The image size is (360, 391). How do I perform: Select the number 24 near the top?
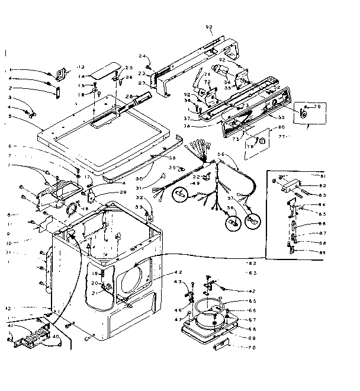[143, 56]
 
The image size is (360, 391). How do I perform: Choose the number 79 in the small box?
[317, 107]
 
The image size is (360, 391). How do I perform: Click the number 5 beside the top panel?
[9, 117]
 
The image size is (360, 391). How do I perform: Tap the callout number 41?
[10, 325]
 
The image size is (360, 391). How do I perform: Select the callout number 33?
[140, 207]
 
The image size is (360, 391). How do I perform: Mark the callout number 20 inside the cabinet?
[94, 283]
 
